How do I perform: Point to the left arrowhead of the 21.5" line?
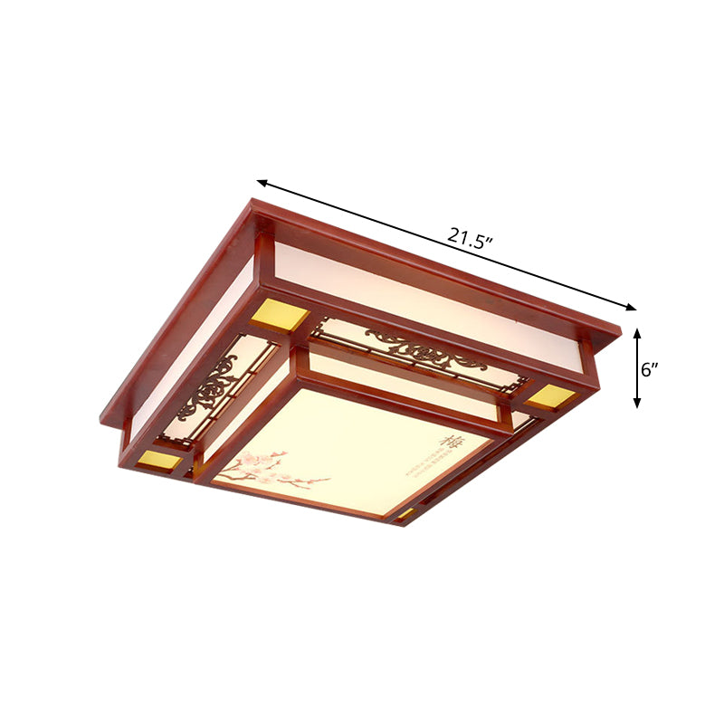(261, 181)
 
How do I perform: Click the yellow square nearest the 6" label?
(551, 396)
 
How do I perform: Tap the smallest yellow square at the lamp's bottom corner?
(405, 513)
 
